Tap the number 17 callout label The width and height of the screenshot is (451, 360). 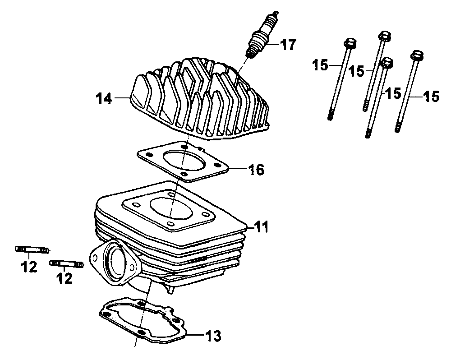click(x=288, y=45)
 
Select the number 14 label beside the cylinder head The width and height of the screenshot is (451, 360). click(x=104, y=98)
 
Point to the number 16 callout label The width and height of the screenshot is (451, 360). click(x=256, y=170)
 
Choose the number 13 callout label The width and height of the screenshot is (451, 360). click(x=213, y=336)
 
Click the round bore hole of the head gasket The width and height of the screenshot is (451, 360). click(x=184, y=161)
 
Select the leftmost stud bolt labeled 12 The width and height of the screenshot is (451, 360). click(x=32, y=249)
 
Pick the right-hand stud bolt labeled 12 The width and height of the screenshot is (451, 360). click(x=67, y=263)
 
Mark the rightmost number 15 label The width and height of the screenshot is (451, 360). click(x=432, y=97)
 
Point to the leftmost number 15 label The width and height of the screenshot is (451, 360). click(x=320, y=65)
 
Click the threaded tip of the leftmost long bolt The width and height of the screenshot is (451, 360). click(x=331, y=115)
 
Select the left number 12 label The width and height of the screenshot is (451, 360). click(x=29, y=267)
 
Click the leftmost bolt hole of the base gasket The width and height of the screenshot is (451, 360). click(x=106, y=314)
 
